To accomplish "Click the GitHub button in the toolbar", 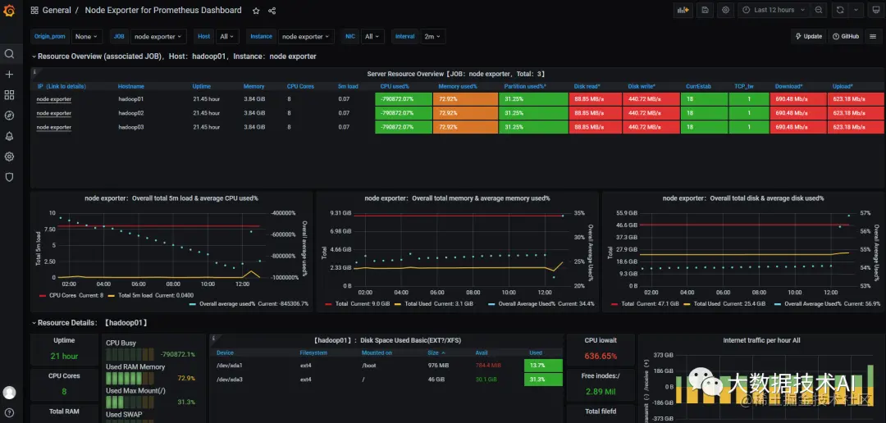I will click(845, 36).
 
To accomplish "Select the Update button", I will click(808, 36).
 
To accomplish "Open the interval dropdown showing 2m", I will click(432, 36).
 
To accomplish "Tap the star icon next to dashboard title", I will click(256, 11).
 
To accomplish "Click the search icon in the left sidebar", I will click(10, 54).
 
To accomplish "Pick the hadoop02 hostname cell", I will click(131, 113).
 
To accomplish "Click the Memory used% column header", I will click(457, 86).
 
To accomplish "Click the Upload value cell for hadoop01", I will click(848, 99).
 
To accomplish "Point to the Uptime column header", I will click(201, 86).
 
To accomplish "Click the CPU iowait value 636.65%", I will click(601, 357).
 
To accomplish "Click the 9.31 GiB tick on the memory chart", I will click(341, 213).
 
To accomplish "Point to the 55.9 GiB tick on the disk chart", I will click(627, 213).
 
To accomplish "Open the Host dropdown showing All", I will click(227, 36).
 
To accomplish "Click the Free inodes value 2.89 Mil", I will click(601, 392).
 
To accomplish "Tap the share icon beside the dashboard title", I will click(272, 11).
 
